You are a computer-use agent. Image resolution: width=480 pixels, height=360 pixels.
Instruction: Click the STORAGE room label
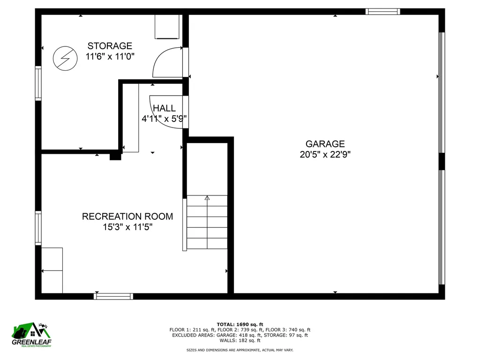110,46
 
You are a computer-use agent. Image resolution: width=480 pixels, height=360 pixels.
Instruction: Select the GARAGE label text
325,144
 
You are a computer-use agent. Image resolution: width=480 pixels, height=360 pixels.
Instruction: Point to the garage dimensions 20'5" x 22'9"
325,155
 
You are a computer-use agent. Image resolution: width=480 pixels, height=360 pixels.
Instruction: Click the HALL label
164,108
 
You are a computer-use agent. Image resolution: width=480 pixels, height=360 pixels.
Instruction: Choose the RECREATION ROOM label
127,217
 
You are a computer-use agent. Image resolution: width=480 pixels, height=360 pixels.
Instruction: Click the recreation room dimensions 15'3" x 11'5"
127,227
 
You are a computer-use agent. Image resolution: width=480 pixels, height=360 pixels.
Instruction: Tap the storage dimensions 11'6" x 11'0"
110,57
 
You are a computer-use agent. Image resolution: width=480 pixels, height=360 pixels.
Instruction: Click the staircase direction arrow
207,198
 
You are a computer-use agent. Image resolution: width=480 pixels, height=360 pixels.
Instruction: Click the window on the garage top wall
382,11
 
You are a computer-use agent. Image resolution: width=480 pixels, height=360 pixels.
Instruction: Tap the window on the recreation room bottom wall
113,296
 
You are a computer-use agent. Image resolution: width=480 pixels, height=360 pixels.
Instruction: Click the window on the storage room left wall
38,83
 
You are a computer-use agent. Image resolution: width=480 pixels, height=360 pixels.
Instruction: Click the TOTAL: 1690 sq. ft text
240,324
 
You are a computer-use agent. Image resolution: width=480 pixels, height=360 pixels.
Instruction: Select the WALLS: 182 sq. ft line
240,340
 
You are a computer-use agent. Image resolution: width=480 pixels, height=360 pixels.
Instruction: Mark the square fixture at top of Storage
167,27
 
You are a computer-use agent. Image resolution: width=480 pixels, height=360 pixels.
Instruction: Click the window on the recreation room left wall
38,228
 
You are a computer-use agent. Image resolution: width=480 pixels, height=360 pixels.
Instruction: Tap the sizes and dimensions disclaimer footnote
240,350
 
